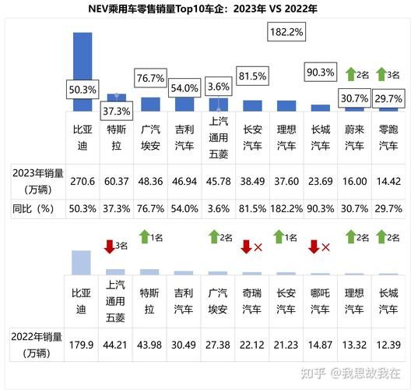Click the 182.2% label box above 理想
286,33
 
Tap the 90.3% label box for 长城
320,73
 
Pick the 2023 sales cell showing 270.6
83,181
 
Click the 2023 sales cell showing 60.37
117,181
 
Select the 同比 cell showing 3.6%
219,208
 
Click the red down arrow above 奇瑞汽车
246,247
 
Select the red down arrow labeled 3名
110,246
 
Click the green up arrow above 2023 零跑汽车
381,75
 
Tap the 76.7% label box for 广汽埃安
149,79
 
